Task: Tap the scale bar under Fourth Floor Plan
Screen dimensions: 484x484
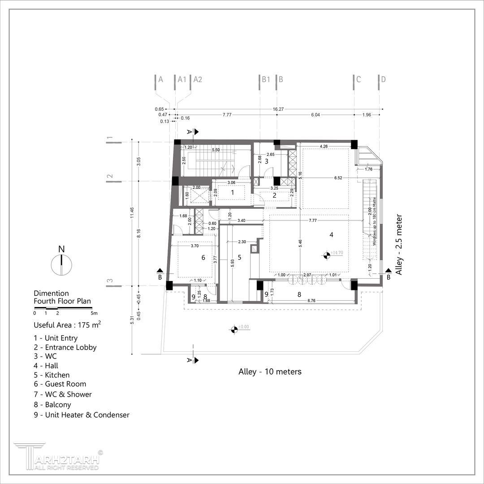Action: [63, 308]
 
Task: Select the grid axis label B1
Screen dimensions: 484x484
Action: [266, 80]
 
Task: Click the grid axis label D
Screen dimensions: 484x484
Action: [383, 80]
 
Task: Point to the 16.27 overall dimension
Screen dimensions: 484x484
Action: [278, 108]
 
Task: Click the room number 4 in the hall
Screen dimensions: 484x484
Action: [332, 234]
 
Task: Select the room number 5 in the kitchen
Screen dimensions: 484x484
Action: [240, 257]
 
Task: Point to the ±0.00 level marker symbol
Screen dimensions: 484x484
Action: [233, 330]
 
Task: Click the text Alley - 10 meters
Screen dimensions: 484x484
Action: [270, 372]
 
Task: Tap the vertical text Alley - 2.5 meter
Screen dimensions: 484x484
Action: [400, 245]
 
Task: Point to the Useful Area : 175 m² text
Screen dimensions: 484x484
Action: [67, 325]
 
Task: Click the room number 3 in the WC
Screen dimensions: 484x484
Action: [266, 161]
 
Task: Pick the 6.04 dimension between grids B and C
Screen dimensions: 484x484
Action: [315, 115]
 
